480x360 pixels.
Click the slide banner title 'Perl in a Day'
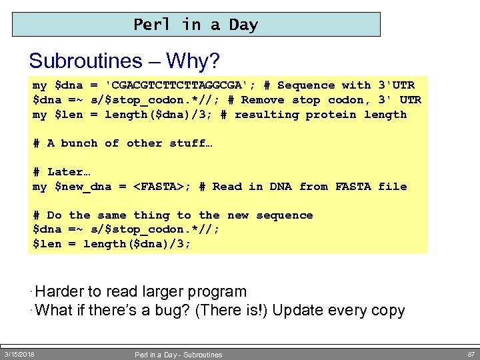pyautogui.click(x=195, y=25)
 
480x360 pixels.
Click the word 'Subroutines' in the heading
pyautogui.click(x=85, y=61)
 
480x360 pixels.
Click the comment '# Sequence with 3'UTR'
pyautogui.click(x=339, y=85)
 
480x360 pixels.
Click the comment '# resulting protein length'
pyautogui.click(x=313, y=115)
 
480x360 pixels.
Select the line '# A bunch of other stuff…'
pyautogui.click(x=122, y=143)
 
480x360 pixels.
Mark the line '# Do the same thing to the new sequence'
pyautogui.click(x=173, y=215)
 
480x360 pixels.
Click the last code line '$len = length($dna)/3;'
pyautogui.click(x=112, y=244)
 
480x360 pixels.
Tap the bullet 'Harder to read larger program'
pyautogui.click(x=141, y=292)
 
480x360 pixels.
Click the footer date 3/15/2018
pyautogui.click(x=19, y=354)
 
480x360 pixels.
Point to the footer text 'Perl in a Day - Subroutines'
pyautogui.click(x=178, y=355)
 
